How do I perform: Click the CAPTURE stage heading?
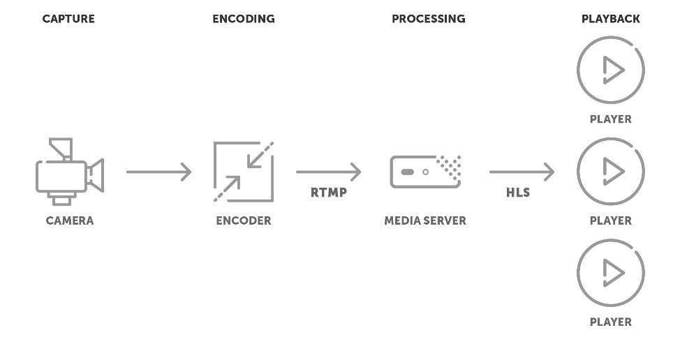(68, 19)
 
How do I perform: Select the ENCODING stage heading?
(243, 19)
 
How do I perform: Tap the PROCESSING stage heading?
(428, 19)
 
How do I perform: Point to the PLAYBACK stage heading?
(610, 19)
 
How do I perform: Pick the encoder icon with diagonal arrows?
(243, 172)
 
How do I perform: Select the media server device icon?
(425, 172)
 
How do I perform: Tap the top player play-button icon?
(610, 70)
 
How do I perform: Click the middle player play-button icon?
(610, 171)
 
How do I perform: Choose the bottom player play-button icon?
(610, 273)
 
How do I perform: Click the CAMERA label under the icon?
(69, 220)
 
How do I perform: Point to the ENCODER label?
(243, 220)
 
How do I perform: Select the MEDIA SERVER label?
(425, 220)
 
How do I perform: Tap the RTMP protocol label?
(329, 193)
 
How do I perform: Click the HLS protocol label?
(518, 193)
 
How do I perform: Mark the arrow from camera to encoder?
(158, 172)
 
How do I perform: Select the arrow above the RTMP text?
(328, 172)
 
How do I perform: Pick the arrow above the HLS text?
(522, 172)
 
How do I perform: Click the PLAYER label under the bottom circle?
(610, 322)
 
